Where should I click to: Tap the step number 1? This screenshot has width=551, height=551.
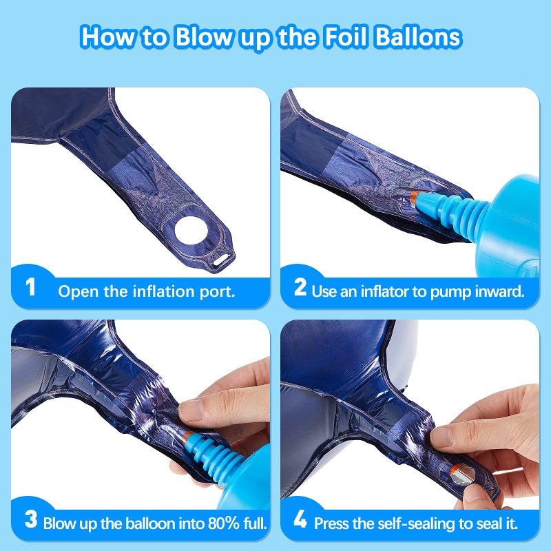30,287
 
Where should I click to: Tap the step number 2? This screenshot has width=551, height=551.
300,287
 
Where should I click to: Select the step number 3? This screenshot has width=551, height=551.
30,520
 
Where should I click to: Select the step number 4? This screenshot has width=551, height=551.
300,520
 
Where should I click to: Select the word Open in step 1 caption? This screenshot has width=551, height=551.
74,291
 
